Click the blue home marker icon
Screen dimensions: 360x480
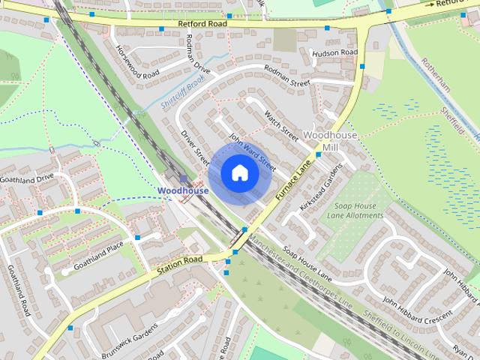pos(238,172)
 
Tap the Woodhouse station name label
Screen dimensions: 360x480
pos(183,190)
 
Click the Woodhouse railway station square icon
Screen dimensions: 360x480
pos(183,178)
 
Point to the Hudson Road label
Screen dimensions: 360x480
pos(334,53)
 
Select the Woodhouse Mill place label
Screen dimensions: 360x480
pos(330,141)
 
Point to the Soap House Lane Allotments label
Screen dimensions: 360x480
pos(355,211)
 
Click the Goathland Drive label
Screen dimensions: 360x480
pos(28,178)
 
